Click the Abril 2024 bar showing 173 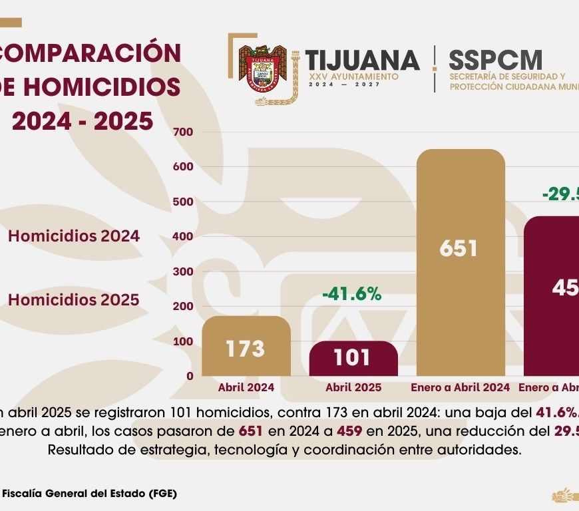coord(246,347)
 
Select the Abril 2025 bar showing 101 coord(353,359)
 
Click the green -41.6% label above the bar coord(351,294)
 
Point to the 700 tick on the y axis coord(185,132)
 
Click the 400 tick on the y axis coord(185,236)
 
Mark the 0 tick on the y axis coord(190,376)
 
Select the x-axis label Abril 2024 coord(246,387)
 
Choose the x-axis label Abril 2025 coord(353,387)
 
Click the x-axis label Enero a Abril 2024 coord(460,387)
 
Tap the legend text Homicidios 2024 coord(74,236)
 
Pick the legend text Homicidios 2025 coord(74,300)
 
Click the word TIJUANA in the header coord(363,61)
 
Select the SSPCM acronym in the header coord(495,61)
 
